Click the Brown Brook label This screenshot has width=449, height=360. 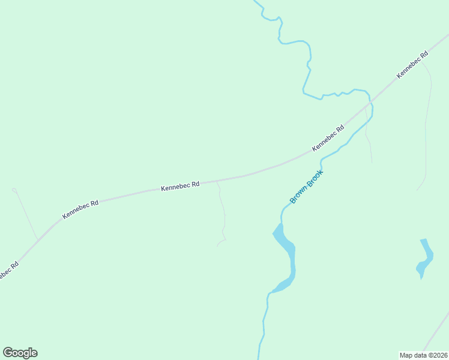pyautogui.click(x=307, y=187)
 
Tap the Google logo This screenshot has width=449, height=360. pyautogui.click(x=20, y=353)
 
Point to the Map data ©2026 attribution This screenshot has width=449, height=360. pyautogui.click(x=423, y=355)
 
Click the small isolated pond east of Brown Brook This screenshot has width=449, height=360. pyautogui.click(x=425, y=258)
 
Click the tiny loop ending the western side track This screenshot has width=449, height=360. pyautogui.click(x=14, y=190)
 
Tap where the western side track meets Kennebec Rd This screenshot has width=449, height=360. pyautogui.click(x=38, y=239)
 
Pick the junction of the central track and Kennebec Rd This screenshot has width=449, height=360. pyautogui.click(x=216, y=180)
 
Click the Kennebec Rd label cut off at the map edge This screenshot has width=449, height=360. pyautogui.click(x=7, y=271)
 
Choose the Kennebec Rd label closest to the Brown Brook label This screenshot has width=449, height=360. pyautogui.click(x=328, y=138)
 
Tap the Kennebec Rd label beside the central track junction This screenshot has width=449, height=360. pyautogui.click(x=180, y=187)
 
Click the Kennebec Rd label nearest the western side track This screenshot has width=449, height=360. pyautogui.click(x=80, y=209)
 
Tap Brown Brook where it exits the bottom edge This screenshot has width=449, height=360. pyautogui.click(x=259, y=356)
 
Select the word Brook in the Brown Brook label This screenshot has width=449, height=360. pyautogui.click(x=315, y=178)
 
